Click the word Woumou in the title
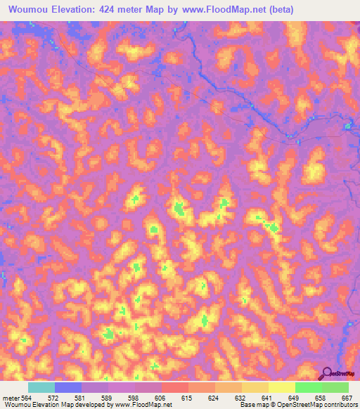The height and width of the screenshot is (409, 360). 26,9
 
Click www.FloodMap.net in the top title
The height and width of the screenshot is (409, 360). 215,9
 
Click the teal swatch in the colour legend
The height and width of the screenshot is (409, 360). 41,387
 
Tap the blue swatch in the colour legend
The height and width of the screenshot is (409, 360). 68,387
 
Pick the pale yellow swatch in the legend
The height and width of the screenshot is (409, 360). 281,387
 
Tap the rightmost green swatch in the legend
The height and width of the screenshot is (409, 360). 335,387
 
